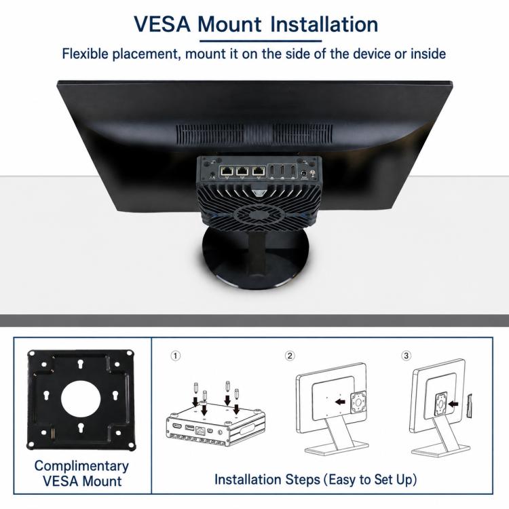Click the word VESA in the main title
162,24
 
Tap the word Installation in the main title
324,24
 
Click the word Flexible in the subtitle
85,54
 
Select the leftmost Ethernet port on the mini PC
226,171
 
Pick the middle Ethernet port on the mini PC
242,171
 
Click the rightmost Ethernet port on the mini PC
258,171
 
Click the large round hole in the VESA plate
81,398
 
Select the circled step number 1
175,356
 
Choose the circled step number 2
290,356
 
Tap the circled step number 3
406,356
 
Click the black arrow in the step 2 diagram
340,402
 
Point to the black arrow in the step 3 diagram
453,404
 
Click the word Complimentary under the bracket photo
81,466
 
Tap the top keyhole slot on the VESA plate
81,364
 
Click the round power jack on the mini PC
304,174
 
